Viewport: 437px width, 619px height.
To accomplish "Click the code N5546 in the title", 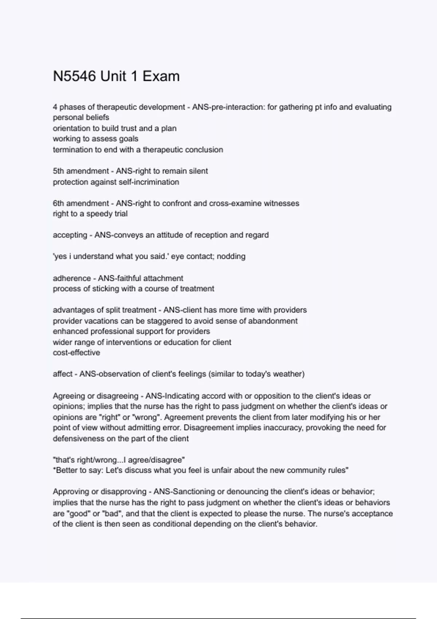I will (74, 76).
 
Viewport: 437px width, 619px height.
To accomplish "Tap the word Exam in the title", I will (161, 76).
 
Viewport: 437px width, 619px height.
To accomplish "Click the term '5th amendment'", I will (80, 171).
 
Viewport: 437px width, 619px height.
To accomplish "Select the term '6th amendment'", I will (80, 203).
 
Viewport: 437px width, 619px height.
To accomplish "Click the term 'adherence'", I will (72, 278).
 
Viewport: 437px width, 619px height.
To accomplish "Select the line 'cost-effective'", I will (76, 352).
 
